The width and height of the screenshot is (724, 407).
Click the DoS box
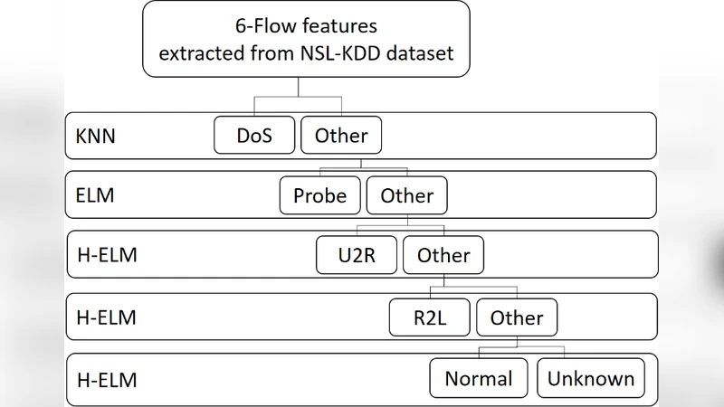255,136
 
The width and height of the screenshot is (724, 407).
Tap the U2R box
357,256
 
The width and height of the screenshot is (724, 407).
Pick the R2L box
431,317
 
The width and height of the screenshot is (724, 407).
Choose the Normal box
479,379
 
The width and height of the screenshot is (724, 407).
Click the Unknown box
591,379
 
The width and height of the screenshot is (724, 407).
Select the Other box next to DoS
341,136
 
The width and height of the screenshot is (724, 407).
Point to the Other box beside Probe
406,195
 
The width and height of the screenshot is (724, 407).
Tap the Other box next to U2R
443,256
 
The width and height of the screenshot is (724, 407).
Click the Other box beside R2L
517,317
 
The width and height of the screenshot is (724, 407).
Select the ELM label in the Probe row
96,196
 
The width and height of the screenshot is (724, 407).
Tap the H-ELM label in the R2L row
107,318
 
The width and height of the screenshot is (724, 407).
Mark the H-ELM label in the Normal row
107,380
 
